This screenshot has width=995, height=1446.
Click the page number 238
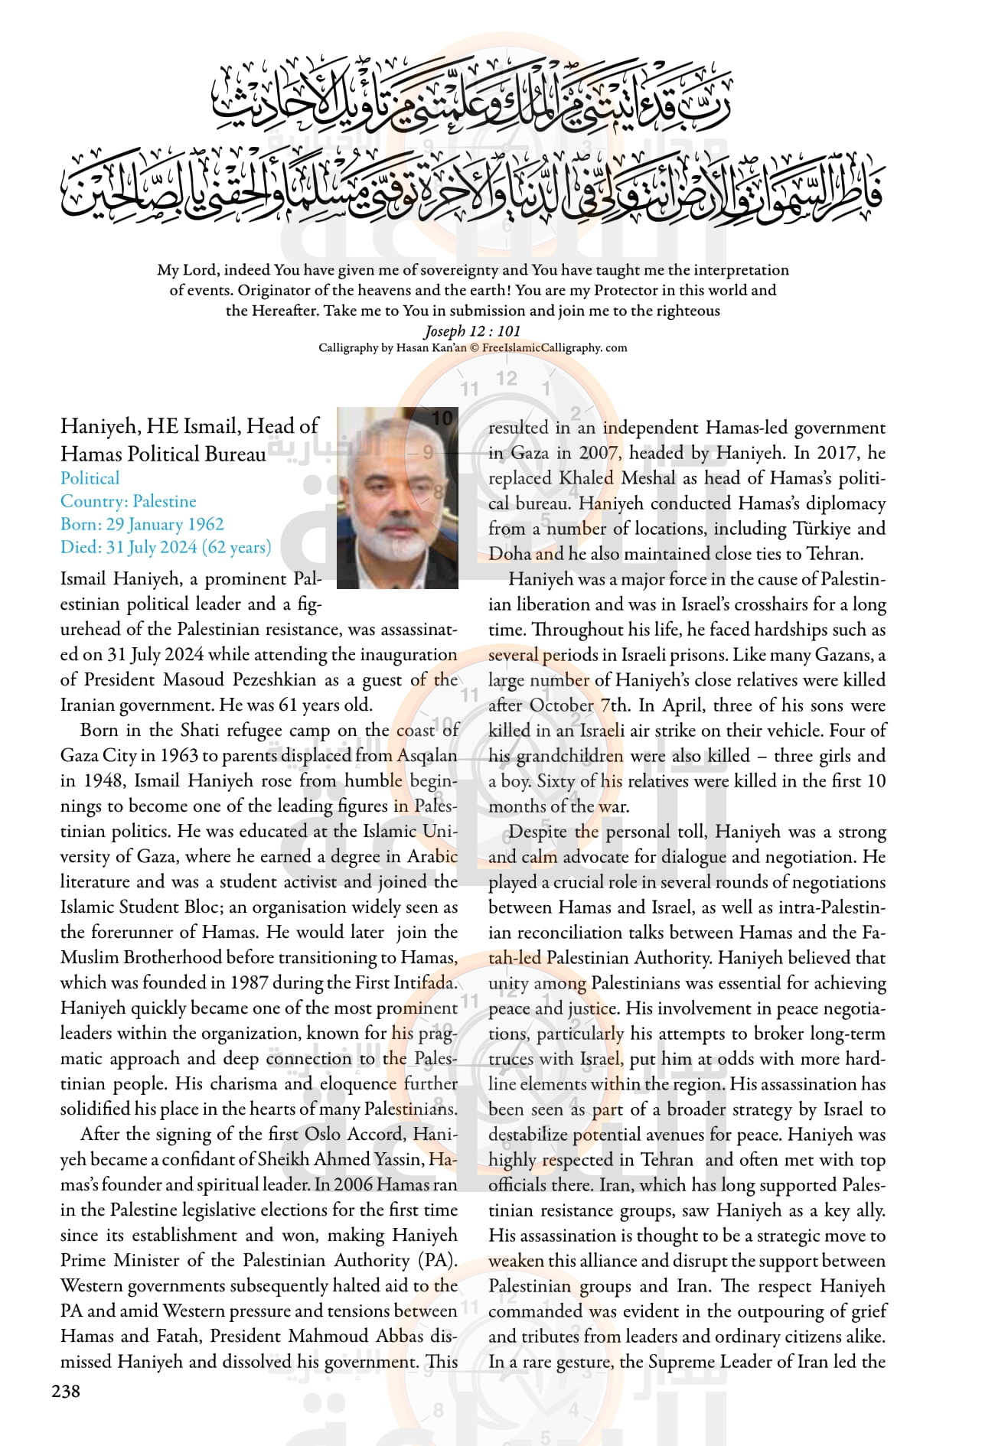point(66,1392)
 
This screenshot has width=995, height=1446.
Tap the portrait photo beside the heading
point(397,497)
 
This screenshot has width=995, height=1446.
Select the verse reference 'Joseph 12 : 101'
point(472,331)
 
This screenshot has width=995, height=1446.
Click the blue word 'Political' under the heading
point(90,478)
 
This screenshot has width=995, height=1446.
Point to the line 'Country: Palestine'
point(129,501)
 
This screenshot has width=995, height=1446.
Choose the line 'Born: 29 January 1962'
point(142,524)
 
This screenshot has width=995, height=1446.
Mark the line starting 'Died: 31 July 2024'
point(166,547)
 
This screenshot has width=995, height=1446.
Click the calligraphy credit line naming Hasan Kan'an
point(472,348)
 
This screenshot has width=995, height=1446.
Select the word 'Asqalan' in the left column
point(427,755)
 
